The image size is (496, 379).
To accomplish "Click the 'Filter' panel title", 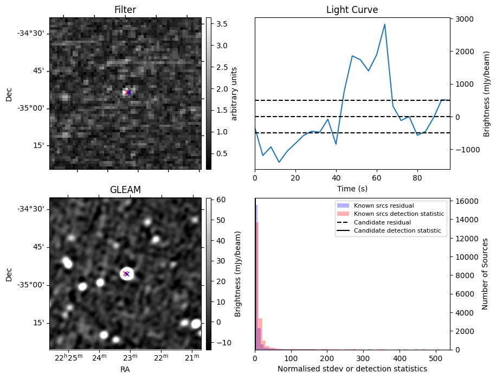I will point(125,10).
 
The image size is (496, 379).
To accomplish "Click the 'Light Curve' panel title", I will point(352,10).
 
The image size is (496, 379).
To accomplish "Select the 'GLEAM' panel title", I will point(125,190).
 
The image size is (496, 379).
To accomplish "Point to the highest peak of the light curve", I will point(384,24).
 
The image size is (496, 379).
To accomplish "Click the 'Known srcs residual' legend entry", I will point(383,205).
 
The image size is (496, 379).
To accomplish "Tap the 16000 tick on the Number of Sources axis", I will point(465,201).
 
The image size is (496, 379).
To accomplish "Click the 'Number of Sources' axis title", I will point(485,274).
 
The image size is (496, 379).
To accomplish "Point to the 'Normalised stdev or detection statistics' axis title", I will point(352,369).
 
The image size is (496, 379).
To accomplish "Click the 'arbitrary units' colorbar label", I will point(234,93).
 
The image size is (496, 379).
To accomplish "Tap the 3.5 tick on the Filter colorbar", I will point(223,24).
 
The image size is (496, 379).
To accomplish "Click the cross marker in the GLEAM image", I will point(126,274).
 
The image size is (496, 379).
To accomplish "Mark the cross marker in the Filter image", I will point(128,93).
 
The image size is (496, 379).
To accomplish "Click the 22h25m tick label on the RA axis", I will point(69,357).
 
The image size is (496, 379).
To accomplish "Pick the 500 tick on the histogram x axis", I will point(435,357).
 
